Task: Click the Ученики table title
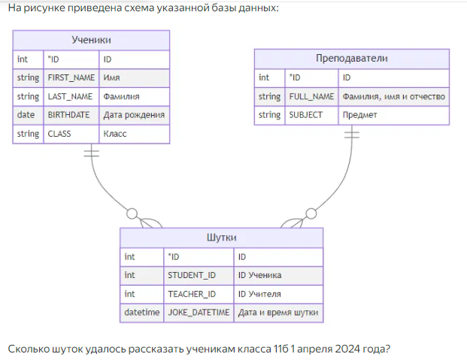(x=91, y=40)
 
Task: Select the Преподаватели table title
(x=351, y=59)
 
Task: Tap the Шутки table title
(x=221, y=237)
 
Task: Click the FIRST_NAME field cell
(x=70, y=77)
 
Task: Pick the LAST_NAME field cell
(x=70, y=96)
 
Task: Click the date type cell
(x=26, y=115)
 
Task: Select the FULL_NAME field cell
(x=311, y=96)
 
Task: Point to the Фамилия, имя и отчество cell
(x=393, y=96)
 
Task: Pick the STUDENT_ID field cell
(x=192, y=275)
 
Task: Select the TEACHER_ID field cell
(x=192, y=294)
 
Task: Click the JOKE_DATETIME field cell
(x=199, y=312)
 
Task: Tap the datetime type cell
(x=142, y=312)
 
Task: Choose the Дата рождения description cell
(x=134, y=115)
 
